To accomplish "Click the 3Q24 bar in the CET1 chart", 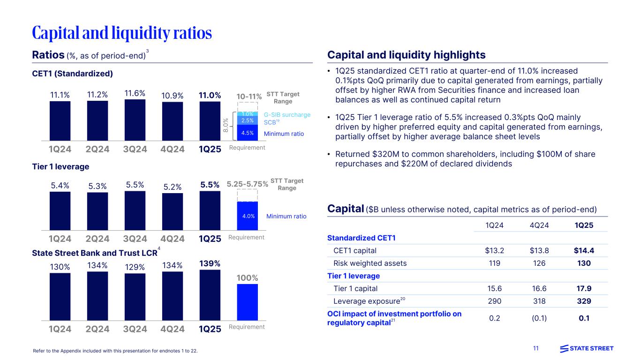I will pos(135,120).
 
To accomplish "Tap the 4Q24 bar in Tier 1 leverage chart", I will pos(173,211).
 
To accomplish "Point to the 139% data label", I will pos(210,263).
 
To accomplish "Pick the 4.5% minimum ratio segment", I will pos(248,133).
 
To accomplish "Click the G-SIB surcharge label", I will pos(287,114).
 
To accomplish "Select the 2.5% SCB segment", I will pos(248,121).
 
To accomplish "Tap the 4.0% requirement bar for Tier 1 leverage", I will pos(248,216).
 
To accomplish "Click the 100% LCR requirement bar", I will pos(248,302).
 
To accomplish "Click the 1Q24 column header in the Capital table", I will pos(495,225).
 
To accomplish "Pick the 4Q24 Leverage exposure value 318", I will pos(539,301).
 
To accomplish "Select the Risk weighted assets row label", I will pos(370,263).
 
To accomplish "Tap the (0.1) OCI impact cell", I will pos(539,318).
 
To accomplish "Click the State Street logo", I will pos(587,348).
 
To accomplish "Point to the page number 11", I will pos(536,348).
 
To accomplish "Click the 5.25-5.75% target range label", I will pos(248,184).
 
